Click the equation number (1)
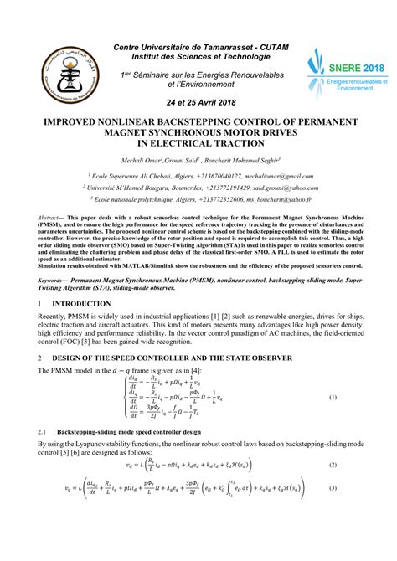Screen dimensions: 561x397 click(332, 398)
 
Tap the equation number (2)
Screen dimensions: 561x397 click(332, 465)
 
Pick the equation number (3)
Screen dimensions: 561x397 click(332, 489)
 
